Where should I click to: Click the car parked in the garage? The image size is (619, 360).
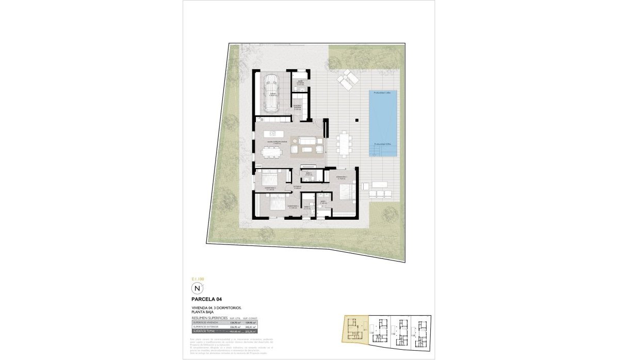[271, 93]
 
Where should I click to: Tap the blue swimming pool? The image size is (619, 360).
[382, 123]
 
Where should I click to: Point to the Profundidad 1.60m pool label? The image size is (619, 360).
[382, 93]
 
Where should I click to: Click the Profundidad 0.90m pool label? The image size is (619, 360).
[382, 144]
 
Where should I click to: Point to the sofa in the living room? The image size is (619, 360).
[308, 140]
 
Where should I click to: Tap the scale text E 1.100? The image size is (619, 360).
[198, 278]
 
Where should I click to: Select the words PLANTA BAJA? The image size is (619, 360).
[202, 313]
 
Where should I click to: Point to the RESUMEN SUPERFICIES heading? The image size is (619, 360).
[209, 318]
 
